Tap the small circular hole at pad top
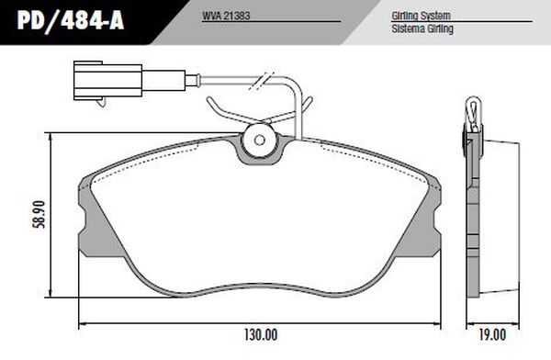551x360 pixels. click(258, 141)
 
